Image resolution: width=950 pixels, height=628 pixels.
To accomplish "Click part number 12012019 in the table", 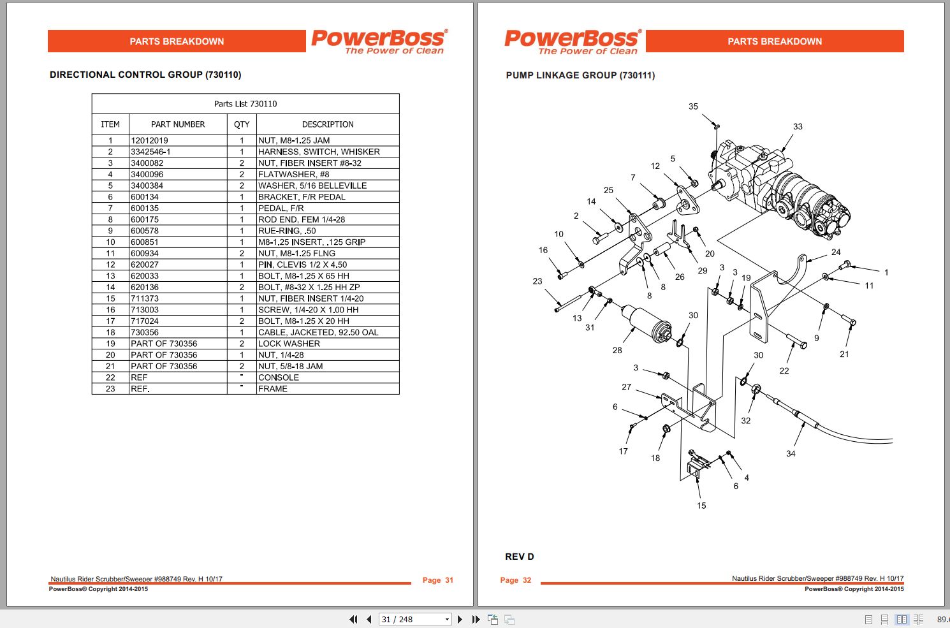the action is [x=149, y=140].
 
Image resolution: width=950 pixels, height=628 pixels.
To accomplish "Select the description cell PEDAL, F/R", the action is [x=281, y=208].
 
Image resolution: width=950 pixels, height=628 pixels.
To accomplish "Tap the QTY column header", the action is [x=242, y=124].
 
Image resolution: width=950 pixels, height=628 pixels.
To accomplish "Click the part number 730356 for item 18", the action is [x=145, y=332].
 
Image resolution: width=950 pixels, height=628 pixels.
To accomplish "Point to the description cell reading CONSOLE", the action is [x=279, y=377].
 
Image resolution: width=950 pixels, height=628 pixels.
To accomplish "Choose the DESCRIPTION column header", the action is [x=328, y=124].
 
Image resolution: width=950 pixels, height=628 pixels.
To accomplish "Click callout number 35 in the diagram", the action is [x=693, y=106].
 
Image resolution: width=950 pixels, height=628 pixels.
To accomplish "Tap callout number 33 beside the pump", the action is [x=798, y=126].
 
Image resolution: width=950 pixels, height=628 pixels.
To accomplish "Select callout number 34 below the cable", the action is [x=791, y=454].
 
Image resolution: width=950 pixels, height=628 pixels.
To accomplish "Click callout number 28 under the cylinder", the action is [x=617, y=350].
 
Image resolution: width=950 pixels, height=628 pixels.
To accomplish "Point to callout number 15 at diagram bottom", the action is [x=701, y=506].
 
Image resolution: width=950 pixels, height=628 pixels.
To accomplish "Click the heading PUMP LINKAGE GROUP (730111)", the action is [x=580, y=75].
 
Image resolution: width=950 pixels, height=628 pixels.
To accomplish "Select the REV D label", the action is [x=520, y=557].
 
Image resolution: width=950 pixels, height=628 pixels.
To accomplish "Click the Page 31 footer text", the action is [x=437, y=580].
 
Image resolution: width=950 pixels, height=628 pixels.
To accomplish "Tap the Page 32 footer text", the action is [x=515, y=580].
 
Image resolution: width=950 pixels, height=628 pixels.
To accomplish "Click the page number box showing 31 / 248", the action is [x=415, y=620].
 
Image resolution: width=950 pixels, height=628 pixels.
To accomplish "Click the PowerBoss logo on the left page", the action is [x=379, y=41].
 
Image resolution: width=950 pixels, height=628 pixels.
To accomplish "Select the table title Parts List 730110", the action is [x=245, y=104].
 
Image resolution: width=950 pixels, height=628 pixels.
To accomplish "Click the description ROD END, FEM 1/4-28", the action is [x=302, y=220].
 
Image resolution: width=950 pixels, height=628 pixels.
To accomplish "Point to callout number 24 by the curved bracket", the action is [x=835, y=252].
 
